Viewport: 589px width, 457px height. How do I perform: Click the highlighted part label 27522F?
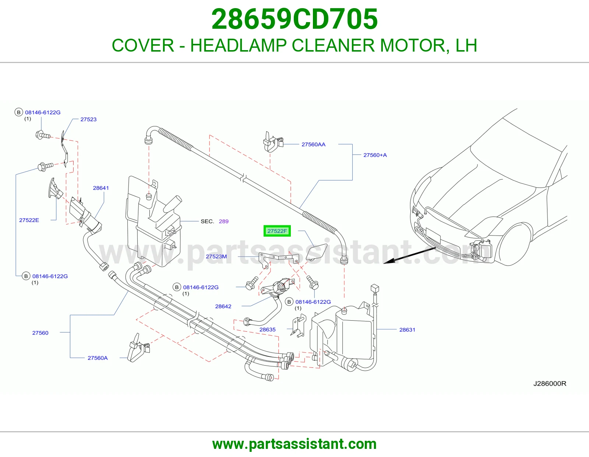[x=277, y=231]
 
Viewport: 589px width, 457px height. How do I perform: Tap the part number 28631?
[x=407, y=330]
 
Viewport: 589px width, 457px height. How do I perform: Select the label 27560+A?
[x=375, y=155]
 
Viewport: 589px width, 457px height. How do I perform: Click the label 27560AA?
[x=314, y=144]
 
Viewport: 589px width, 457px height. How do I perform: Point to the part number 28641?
[x=101, y=188]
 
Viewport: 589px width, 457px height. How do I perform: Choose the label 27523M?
[x=216, y=257]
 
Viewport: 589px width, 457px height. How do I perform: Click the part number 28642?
[x=223, y=306]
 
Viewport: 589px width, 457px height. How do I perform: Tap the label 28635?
[x=268, y=329]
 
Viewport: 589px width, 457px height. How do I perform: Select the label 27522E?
[x=29, y=220]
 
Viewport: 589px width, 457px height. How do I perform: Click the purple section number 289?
[x=223, y=221]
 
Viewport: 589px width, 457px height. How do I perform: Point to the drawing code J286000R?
[x=550, y=383]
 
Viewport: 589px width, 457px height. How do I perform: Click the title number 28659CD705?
[x=294, y=19]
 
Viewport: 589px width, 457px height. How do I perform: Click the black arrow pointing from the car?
[x=409, y=255]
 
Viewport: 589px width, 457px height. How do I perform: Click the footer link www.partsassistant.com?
[x=294, y=444]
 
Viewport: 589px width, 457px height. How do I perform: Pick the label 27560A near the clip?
[x=98, y=358]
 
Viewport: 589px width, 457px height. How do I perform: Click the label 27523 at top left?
[x=88, y=119]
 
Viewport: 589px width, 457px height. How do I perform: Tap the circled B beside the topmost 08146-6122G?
[x=19, y=112]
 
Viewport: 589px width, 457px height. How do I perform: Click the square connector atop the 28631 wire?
[x=374, y=288]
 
